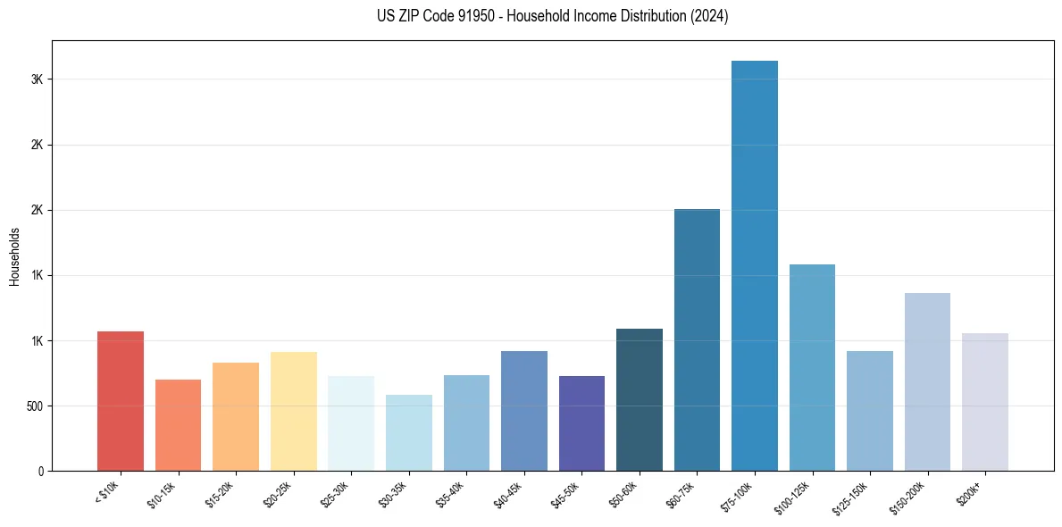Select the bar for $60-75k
(x=697, y=339)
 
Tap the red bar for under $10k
(x=121, y=401)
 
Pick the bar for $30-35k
(x=409, y=432)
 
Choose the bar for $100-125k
(x=812, y=367)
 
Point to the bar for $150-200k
(x=927, y=381)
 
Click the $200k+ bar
(x=984, y=402)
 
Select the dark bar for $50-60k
(x=640, y=399)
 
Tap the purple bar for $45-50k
(x=581, y=423)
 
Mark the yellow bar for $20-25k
(x=294, y=411)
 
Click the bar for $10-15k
(x=178, y=425)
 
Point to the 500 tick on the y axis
(x=37, y=406)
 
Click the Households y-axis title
(x=15, y=256)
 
